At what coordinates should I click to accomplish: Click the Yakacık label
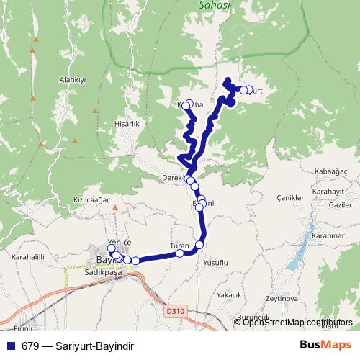point(230,295)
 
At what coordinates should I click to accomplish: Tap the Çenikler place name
point(292,197)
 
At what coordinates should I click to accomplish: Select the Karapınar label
point(327,235)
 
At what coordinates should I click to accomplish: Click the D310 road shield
point(174,312)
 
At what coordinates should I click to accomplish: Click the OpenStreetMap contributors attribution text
point(297,323)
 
